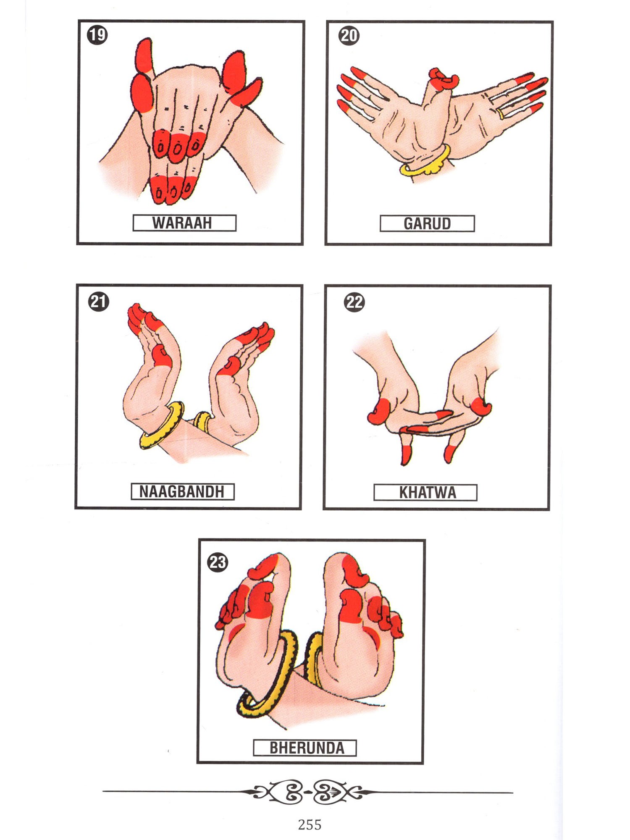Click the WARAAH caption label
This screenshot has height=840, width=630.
(184, 223)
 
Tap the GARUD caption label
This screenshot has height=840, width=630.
(427, 223)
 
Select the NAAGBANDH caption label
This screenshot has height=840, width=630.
(182, 491)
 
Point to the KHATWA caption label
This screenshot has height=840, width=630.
(425, 492)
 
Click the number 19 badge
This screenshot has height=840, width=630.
(97, 34)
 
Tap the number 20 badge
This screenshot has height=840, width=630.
(349, 35)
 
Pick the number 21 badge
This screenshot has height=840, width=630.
(99, 302)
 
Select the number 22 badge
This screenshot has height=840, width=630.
(354, 302)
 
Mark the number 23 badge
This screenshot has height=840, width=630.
(218, 562)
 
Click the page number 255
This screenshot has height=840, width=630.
(310, 824)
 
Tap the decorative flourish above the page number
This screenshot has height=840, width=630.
(308, 792)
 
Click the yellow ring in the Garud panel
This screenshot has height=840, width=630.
(500, 113)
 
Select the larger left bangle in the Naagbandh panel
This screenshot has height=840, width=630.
(162, 425)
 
